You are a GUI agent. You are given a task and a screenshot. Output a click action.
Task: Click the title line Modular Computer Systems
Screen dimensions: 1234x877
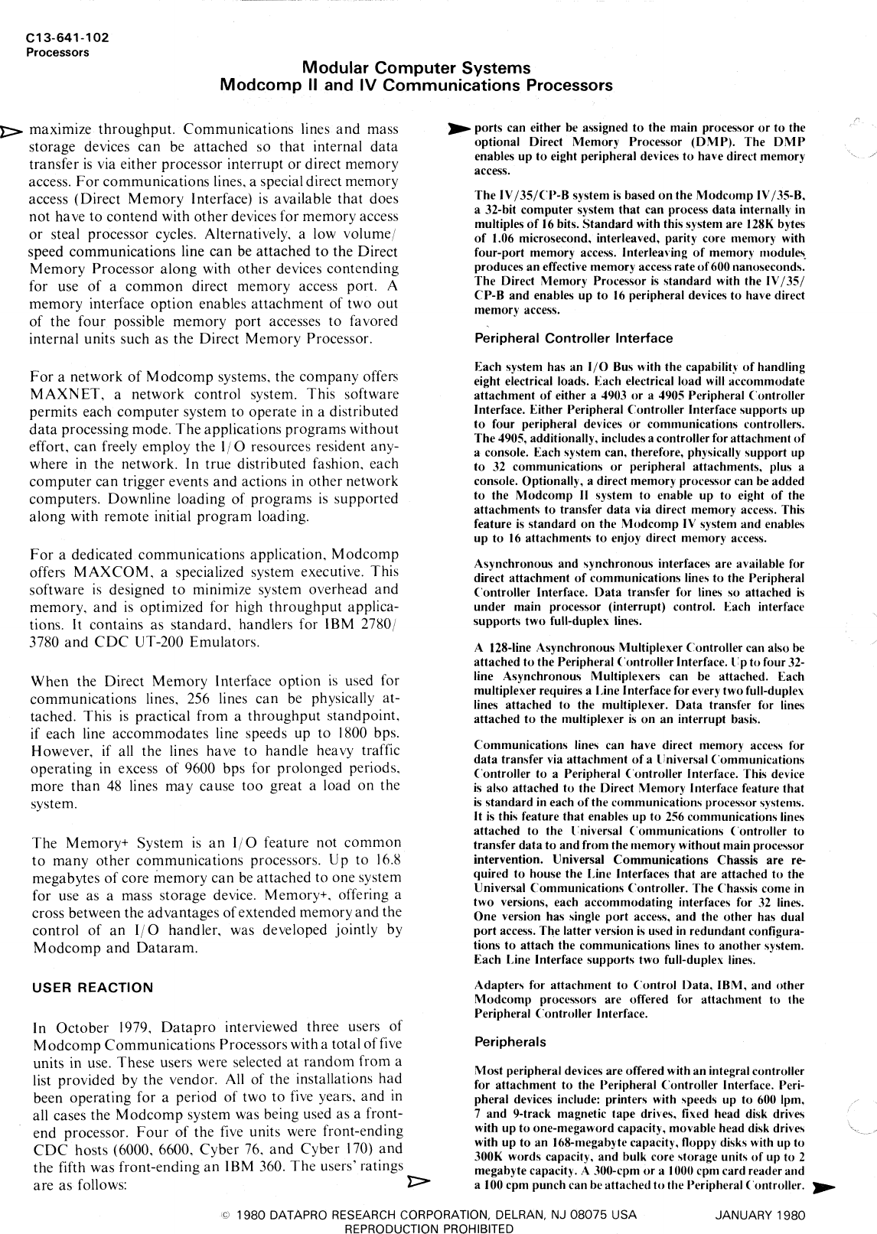click(416, 68)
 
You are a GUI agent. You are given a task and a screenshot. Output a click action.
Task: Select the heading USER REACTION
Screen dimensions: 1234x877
click(92, 988)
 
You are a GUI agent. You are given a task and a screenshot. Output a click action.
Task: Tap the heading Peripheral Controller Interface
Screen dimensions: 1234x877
click(573, 338)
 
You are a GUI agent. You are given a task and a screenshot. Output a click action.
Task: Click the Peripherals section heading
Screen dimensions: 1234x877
click(510, 1042)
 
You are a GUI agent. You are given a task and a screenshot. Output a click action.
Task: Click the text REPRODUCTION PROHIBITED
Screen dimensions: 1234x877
click(430, 1228)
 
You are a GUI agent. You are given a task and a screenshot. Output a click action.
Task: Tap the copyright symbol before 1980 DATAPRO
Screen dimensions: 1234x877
click(225, 1215)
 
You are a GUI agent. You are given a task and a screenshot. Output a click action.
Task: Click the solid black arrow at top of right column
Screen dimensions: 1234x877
click(459, 128)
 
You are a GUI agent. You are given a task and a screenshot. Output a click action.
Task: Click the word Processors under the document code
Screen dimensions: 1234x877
click(57, 53)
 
